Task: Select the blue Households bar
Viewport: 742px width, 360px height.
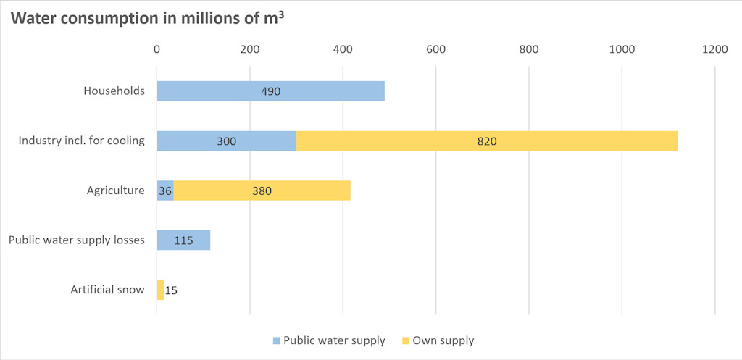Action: (x=270, y=91)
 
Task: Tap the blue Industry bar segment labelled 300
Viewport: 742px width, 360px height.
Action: (x=226, y=141)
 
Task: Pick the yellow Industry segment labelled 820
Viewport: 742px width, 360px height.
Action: (x=486, y=141)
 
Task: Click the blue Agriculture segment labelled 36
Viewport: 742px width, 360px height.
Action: (x=164, y=191)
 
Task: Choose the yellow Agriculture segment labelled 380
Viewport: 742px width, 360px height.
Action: (x=262, y=191)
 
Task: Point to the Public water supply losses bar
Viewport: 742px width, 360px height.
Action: (x=183, y=240)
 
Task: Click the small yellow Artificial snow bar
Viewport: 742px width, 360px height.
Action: (x=160, y=290)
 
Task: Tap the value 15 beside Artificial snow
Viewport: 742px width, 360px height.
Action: (x=171, y=290)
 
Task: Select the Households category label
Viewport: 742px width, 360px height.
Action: (x=114, y=91)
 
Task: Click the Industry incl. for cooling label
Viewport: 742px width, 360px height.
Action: (x=82, y=141)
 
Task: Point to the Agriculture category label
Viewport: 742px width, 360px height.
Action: (x=115, y=191)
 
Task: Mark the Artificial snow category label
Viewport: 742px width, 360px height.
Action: (x=107, y=290)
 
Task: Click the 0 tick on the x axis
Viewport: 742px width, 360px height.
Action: (x=157, y=49)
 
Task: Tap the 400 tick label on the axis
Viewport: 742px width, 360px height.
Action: (x=343, y=49)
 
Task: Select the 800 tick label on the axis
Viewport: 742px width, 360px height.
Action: (x=529, y=49)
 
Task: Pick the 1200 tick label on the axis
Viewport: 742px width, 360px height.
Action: (x=714, y=49)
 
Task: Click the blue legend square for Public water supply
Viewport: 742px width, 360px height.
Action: (x=276, y=340)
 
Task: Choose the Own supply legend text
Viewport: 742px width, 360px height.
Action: (x=443, y=340)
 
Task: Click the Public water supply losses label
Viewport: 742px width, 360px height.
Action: (x=77, y=240)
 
